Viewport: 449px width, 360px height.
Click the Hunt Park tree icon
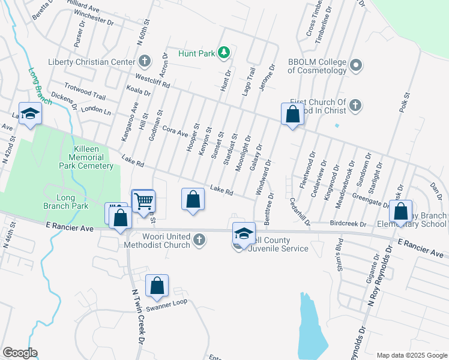click(x=224, y=53)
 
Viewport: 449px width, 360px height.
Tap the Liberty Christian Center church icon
click(x=145, y=61)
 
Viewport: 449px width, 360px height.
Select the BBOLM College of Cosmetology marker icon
click(x=356, y=65)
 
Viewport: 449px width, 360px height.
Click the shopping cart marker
click(x=143, y=202)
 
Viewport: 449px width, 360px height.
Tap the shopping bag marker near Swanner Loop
click(x=157, y=286)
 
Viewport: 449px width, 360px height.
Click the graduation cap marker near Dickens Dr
click(x=29, y=114)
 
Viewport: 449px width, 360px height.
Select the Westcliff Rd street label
click(x=153, y=81)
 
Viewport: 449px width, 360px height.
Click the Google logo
click(x=20, y=353)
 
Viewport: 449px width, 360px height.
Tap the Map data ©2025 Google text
click(x=411, y=355)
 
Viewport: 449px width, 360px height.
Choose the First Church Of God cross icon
click(x=355, y=106)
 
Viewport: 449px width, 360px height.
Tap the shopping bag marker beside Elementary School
click(x=401, y=212)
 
